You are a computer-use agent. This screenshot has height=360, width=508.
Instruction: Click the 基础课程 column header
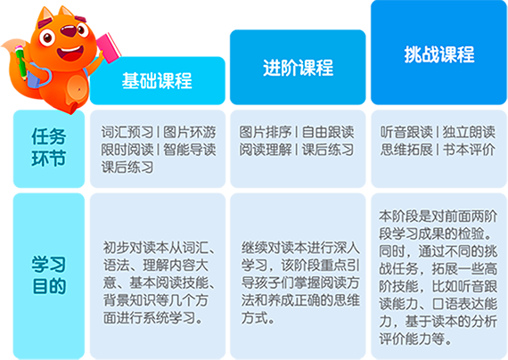157,80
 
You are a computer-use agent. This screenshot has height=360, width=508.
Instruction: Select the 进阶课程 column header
298,68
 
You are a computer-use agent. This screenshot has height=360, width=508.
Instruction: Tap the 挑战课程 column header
439,53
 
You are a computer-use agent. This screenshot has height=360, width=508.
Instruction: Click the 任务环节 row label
49,147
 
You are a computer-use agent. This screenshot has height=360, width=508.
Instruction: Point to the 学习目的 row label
49,275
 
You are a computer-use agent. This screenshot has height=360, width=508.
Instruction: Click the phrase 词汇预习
127,132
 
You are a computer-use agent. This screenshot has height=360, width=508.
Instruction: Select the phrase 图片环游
190,132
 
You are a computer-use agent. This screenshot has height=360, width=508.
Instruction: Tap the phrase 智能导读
190,150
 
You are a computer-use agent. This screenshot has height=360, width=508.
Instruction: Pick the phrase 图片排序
266,132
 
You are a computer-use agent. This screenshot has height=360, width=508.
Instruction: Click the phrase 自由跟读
328,132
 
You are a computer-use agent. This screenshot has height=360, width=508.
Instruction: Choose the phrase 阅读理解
266,150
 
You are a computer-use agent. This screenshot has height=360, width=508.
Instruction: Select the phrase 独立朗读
469,132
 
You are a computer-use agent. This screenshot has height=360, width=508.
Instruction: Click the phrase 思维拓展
406,150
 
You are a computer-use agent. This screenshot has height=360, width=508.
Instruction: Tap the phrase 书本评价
469,150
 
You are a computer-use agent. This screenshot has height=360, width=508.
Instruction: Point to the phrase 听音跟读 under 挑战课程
406,132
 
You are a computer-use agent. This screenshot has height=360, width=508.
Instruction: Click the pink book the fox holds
109,47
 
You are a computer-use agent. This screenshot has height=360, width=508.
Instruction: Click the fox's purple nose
69,32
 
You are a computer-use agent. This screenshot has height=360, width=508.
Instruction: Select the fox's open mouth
70,53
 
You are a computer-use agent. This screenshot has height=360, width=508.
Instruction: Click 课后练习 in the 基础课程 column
127,168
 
